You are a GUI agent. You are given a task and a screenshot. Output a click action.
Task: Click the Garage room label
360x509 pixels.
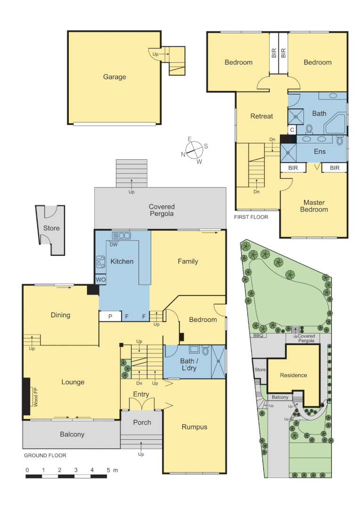point(115,77)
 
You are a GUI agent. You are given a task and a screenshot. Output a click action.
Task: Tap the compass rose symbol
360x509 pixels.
point(194,150)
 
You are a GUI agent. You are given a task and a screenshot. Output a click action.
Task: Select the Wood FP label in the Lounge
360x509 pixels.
point(35,397)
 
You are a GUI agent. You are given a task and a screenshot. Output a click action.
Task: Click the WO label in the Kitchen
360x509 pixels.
point(100,280)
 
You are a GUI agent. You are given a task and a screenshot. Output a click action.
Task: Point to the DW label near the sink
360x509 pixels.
point(114,244)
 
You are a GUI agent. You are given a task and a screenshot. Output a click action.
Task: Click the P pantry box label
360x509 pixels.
point(110,317)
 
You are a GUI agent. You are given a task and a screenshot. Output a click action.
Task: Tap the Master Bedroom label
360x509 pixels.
point(314,206)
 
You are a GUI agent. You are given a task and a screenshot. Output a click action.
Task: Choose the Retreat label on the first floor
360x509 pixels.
point(262,116)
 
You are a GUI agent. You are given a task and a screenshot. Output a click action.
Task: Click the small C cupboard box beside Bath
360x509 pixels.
point(292,129)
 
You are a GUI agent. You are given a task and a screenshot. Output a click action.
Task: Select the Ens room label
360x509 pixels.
point(319,152)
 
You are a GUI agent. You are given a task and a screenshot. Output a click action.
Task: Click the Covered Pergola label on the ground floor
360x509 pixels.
point(162,210)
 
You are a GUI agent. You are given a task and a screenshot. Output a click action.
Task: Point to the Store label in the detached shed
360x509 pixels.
point(51,228)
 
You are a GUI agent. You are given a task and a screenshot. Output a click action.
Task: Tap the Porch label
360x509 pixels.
point(142,422)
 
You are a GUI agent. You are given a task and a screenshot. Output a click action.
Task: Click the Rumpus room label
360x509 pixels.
point(194,427)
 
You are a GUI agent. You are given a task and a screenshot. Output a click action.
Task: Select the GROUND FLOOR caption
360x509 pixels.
point(45,456)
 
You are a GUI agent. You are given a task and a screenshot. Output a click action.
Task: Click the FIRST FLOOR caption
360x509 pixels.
point(251,217)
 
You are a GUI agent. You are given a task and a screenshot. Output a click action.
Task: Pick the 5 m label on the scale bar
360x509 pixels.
point(112,470)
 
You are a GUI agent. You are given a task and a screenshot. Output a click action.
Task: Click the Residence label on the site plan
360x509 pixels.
point(294,375)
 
